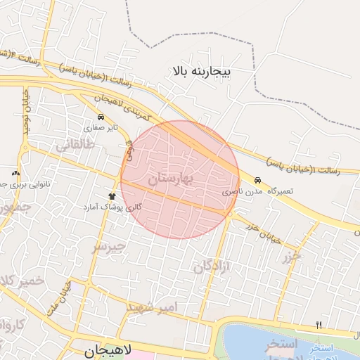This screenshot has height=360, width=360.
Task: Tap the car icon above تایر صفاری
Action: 101,117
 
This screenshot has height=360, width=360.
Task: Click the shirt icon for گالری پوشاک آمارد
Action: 112,195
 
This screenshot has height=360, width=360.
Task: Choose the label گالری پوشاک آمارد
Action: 112,207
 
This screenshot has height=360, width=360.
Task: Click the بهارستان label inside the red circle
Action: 170,180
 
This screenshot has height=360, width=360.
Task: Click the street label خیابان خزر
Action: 263,232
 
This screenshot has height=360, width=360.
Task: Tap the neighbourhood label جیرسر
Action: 109,247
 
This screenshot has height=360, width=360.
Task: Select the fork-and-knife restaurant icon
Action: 319,325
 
